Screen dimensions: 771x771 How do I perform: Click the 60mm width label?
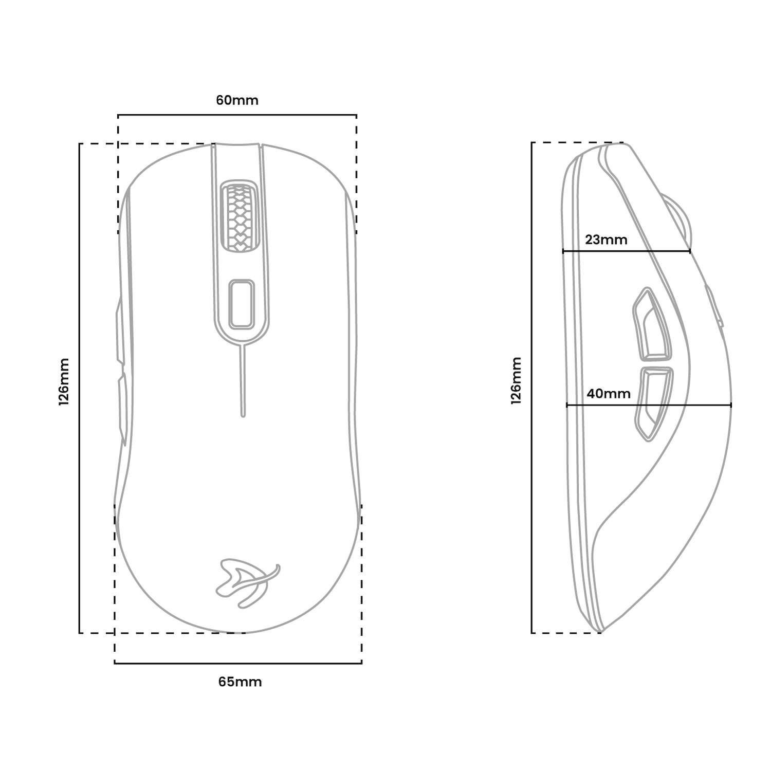[x=237, y=100]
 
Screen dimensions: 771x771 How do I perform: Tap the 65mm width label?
[x=240, y=682]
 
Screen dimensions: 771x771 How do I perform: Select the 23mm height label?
[x=606, y=240]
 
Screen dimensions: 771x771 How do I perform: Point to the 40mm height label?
[x=609, y=394]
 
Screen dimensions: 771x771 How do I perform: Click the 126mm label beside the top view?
[x=64, y=382]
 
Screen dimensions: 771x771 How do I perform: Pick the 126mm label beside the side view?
[x=516, y=381]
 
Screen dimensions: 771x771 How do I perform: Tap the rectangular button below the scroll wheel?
[x=242, y=304]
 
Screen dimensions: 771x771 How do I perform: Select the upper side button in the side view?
[x=652, y=324]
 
